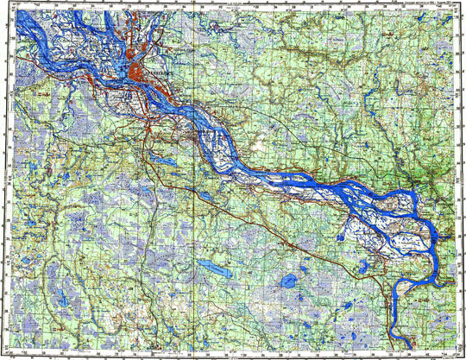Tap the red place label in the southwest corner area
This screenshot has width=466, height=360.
pos(52,327)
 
